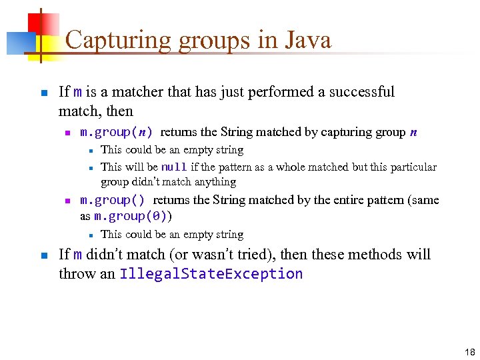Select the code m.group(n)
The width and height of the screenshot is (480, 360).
116,132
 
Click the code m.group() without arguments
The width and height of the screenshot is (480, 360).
112,200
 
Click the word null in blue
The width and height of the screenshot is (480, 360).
175,167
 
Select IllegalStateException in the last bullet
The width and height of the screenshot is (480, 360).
211,274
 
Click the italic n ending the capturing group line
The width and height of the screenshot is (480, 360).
413,132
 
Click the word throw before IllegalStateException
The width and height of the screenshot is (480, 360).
77,274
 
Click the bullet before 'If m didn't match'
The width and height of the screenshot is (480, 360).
42,255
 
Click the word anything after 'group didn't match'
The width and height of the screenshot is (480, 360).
215,182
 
